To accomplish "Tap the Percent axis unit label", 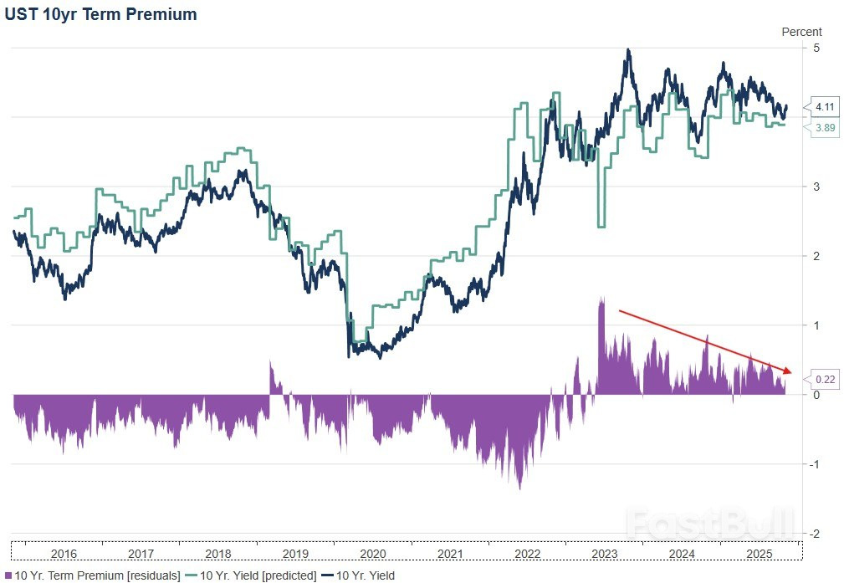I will tap(801, 32).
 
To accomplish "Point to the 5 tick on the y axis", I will tap(815, 48).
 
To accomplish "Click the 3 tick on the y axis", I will tap(815, 186).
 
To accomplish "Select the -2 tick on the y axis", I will tap(813, 533).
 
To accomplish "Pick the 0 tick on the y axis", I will tap(815, 394).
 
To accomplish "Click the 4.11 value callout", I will tap(825, 106).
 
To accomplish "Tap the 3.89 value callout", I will tap(825, 127).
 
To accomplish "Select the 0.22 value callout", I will tap(825, 379).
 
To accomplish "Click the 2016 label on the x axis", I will tap(64, 555).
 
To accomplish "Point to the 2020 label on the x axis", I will tap(372, 555).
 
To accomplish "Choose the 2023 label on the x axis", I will tap(604, 555).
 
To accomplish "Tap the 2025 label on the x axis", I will tap(758, 555).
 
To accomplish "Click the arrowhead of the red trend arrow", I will tap(787, 370).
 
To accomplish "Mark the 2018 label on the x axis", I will tap(218, 555).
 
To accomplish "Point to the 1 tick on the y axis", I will tap(815, 325).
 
